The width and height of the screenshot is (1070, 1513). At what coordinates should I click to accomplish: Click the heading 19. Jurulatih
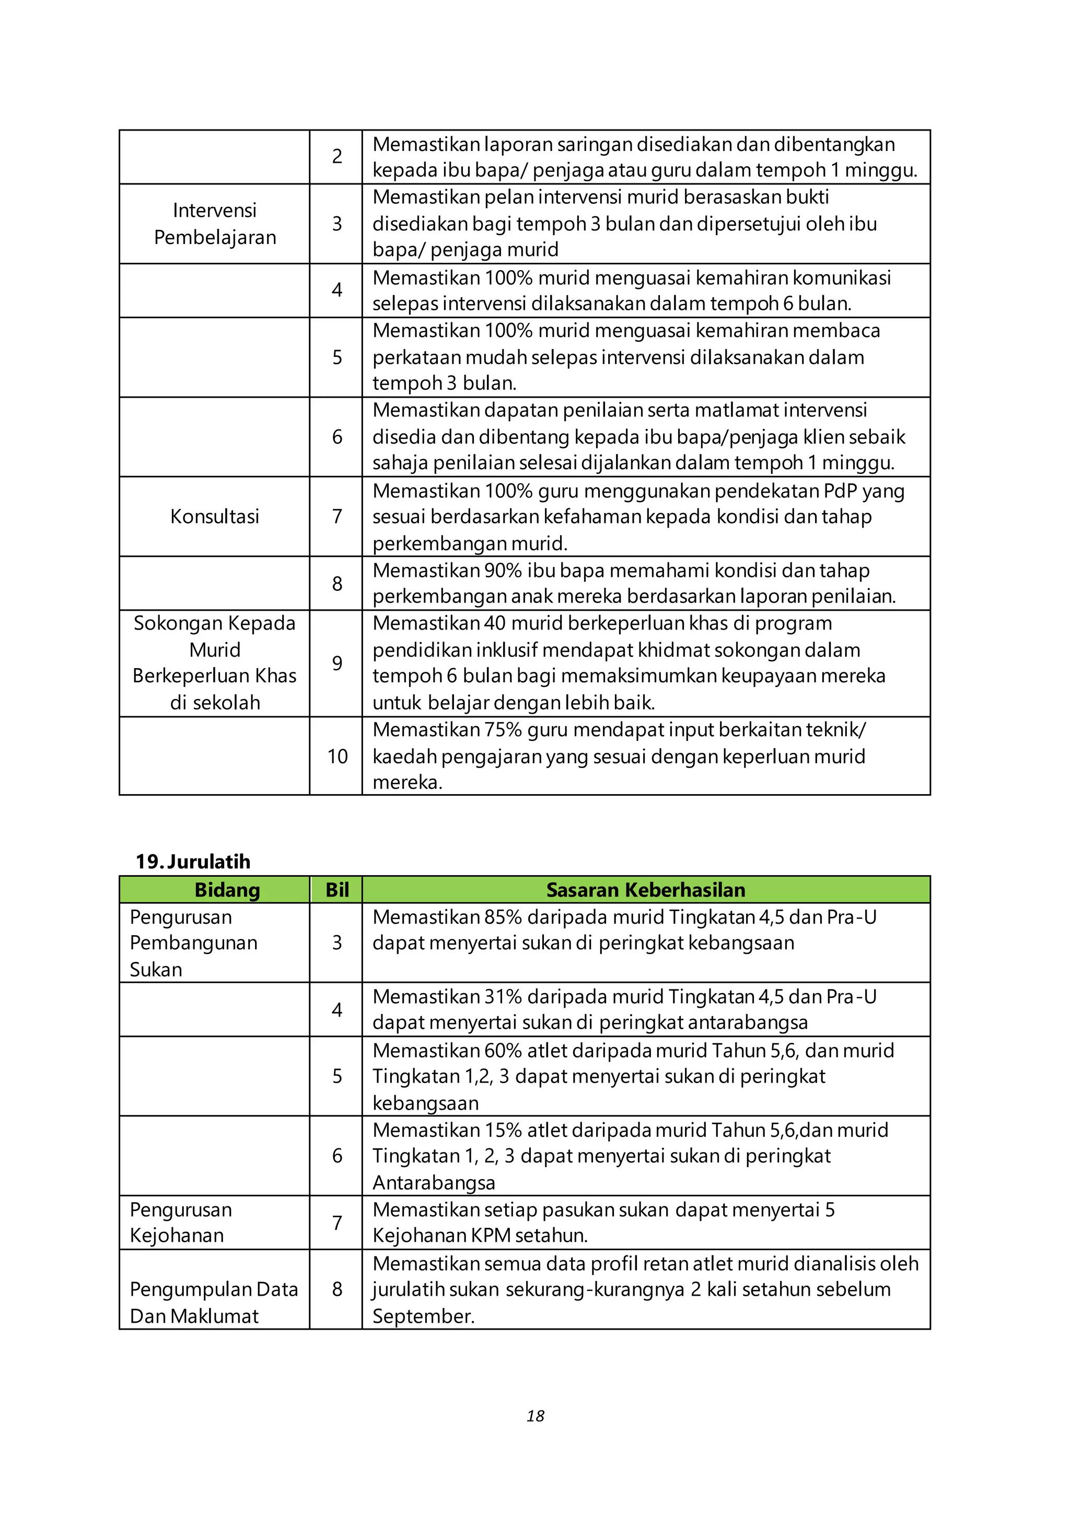click(x=192, y=862)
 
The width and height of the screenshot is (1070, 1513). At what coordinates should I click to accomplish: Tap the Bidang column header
click(x=227, y=890)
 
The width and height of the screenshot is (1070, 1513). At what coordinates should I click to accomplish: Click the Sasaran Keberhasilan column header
click(x=645, y=890)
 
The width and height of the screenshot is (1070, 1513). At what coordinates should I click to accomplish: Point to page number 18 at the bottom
click(x=535, y=1415)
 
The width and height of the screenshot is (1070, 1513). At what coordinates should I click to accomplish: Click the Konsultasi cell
click(x=214, y=516)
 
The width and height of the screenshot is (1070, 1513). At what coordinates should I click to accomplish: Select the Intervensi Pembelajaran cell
click(x=214, y=224)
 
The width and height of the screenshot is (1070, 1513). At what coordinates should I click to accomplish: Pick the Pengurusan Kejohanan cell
click(x=181, y=1223)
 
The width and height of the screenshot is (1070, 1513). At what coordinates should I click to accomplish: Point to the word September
click(x=423, y=1316)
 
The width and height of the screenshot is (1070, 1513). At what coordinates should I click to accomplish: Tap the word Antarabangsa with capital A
click(x=434, y=1182)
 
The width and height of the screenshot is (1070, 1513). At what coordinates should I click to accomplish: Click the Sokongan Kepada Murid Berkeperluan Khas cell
click(x=214, y=662)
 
